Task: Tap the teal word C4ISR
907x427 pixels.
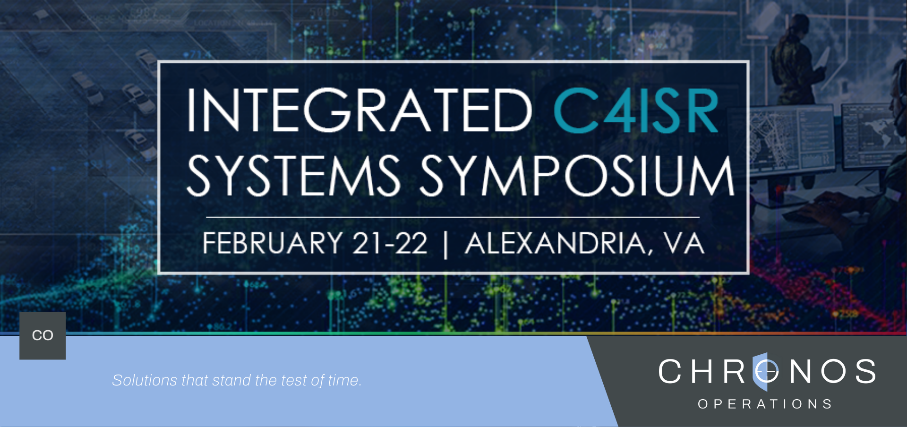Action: coord(636,111)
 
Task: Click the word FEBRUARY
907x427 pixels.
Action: coord(273,243)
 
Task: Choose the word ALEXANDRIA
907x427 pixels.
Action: coord(556,243)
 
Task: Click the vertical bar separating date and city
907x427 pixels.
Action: coord(446,244)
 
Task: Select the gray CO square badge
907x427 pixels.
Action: coord(43,335)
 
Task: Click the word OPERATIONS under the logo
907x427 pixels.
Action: coord(765,404)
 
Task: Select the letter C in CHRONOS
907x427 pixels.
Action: coord(670,371)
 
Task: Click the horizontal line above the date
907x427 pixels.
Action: coord(453,217)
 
